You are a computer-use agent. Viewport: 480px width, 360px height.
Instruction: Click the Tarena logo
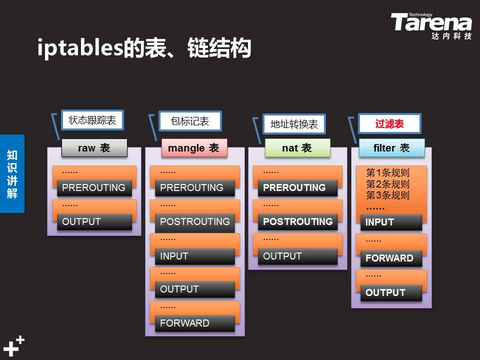pyautogui.click(x=431, y=25)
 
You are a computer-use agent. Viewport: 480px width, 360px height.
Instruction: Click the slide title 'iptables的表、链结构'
pyautogui.click(x=144, y=48)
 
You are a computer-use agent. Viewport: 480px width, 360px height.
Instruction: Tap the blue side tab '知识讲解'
pyautogui.click(x=12, y=173)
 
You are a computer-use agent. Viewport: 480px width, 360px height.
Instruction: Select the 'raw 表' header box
pyautogui.click(x=94, y=148)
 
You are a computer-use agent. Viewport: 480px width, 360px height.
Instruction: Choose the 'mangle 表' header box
pyautogui.click(x=194, y=148)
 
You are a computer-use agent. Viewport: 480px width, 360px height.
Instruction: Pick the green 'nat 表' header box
pyautogui.click(x=297, y=148)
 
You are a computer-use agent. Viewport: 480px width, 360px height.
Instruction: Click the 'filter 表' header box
pyautogui.click(x=392, y=148)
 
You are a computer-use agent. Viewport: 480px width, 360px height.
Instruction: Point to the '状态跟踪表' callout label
pyautogui.click(x=92, y=120)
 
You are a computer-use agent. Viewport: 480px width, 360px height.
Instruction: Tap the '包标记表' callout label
pyautogui.click(x=190, y=121)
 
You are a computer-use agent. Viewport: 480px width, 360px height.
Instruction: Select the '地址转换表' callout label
pyautogui.click(x=294, y=124)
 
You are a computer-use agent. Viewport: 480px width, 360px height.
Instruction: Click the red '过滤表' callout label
pyautogui.click(x=389, y=123)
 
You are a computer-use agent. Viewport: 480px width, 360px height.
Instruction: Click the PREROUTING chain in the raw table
pyautogui.click(x=94, y=187)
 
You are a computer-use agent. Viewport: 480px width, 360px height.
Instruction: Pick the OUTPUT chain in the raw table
pyautogui.click(x=94, y=221)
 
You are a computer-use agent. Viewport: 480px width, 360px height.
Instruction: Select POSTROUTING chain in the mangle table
pyautogui.click(x=195, y=221)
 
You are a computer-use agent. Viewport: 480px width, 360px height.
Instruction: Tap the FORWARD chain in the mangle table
pyautogui.click(x=195, y=323)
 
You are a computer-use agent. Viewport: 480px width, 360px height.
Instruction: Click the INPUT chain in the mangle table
pyautogui.click(x=195, y=256)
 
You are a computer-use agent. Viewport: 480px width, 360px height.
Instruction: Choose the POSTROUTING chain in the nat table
pyautogui.click(x=298, y=221)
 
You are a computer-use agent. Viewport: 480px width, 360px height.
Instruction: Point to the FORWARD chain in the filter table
pyautogui.click(x=391, y=258)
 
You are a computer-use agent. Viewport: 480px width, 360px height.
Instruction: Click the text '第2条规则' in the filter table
pyautogui.click(x=388, y=184)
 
